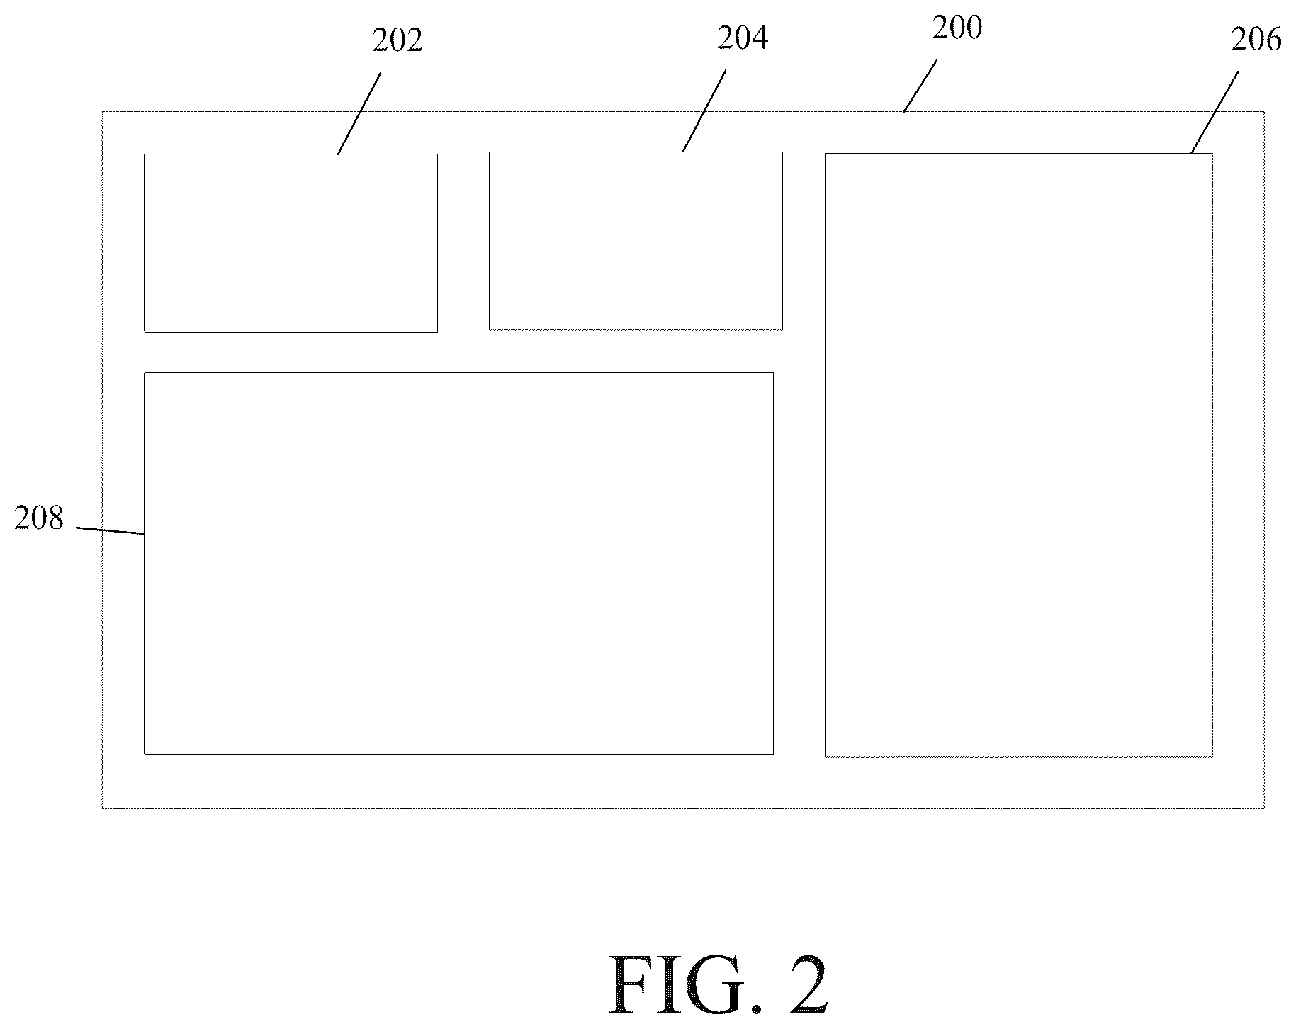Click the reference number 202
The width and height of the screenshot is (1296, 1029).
[398, 41]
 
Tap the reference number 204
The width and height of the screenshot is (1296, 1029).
[743, 38]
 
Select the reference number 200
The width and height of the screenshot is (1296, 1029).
[957, 28]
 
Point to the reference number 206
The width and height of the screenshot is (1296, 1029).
[1256, 40]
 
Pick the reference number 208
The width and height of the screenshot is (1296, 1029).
[39, 518]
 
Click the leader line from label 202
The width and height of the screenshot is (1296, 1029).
[359, 113]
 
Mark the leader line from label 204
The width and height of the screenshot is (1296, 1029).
[704, 110]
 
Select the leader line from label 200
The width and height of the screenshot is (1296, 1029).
[920, 86]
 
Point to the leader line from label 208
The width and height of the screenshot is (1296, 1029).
[111, 530]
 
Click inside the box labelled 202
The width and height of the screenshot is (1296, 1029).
[291, 243]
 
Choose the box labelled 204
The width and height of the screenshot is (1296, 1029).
[636, 241]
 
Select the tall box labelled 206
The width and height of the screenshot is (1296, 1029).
[1018, 455]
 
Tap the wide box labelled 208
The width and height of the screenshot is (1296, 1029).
[458, 563]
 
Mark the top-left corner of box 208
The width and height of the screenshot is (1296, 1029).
[145, 373]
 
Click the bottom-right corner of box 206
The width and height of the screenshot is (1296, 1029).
[1212, 756]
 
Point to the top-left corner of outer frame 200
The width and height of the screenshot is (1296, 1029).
[103, 112]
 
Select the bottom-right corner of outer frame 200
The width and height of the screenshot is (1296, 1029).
[1264, 807]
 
